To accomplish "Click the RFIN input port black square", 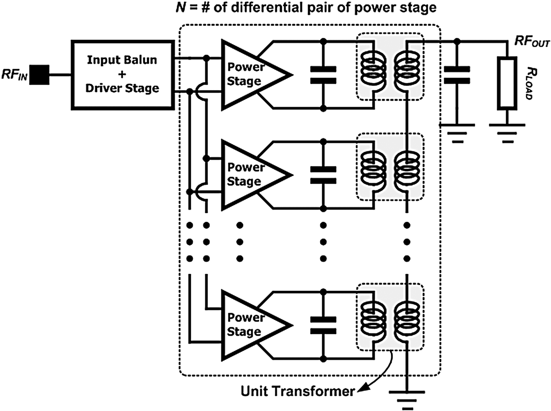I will coord(40,75).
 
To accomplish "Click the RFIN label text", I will coord(15,74).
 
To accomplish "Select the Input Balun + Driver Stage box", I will coord(122,74).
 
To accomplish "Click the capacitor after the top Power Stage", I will coord(323,75).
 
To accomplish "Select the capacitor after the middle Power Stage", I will coord(323,175).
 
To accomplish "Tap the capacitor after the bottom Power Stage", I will coord(323,325).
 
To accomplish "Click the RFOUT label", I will coord(531,41).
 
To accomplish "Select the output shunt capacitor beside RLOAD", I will coord(457,75).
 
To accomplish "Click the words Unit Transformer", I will coord(298,391).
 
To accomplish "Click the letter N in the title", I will coord(181,7).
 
